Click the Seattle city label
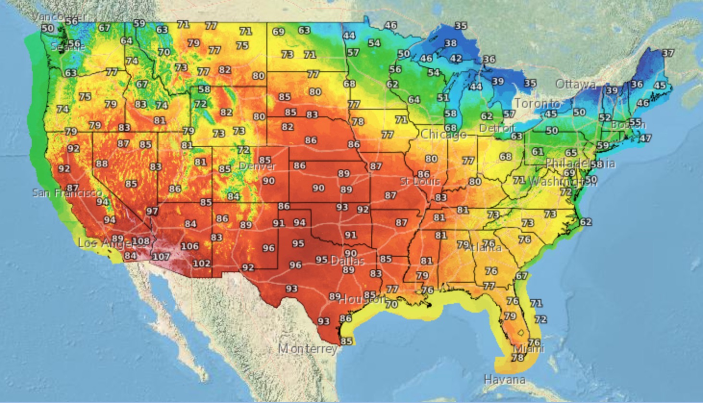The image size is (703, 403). (67, 47)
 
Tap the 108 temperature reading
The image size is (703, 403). (140, 241)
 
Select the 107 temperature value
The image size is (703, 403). (161, 256)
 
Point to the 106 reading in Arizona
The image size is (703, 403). (189, 246)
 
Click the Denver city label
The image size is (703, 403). (257, 167)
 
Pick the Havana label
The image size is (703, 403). (504, 379)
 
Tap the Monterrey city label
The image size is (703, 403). (308, 348)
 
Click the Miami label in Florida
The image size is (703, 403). (529, 349)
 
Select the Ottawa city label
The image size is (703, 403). (576, 85)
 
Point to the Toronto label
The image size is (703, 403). (537, 103)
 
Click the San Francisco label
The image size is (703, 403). (67, 193)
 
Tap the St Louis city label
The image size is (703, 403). (420, 182)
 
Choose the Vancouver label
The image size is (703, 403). (59, 17)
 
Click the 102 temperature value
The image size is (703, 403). (201, 263)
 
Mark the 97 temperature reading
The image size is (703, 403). (152, 211)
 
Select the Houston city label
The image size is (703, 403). (362, 300)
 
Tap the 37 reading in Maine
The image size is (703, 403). (668, 53)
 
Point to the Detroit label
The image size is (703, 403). (497, 128)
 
